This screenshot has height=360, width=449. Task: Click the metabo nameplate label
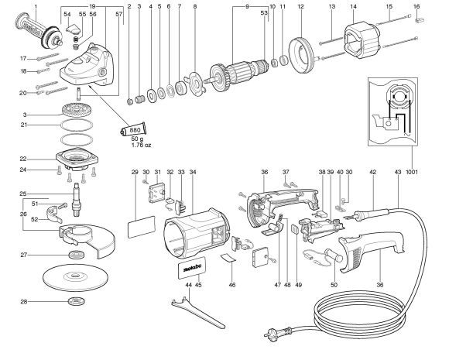pos(187,270)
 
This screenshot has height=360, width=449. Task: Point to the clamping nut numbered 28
pos(77,300)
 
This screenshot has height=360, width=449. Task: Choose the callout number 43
pos(398,172)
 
